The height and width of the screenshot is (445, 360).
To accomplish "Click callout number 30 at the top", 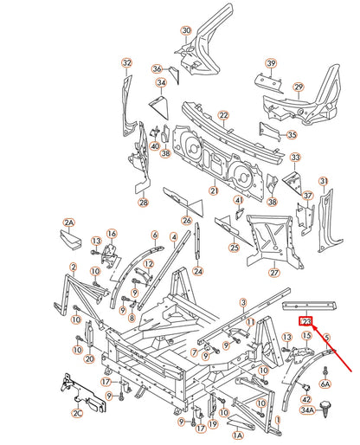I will pos(185,30).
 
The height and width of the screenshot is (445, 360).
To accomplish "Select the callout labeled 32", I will pos(127,63).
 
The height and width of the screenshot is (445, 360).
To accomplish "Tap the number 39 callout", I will pos(271,63).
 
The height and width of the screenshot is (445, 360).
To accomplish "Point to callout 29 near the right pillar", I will pos(298,87).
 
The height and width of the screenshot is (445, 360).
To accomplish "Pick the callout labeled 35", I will pos(292,134).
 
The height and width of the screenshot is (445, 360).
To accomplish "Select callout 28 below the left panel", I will pos(144,203).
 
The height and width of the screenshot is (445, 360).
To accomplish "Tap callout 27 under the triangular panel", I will pos(274,273).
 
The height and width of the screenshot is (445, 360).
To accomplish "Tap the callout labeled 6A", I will pos(325,383).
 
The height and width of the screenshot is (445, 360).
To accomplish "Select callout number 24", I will pos(198,271).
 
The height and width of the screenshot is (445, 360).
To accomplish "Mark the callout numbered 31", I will pos(324,180).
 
